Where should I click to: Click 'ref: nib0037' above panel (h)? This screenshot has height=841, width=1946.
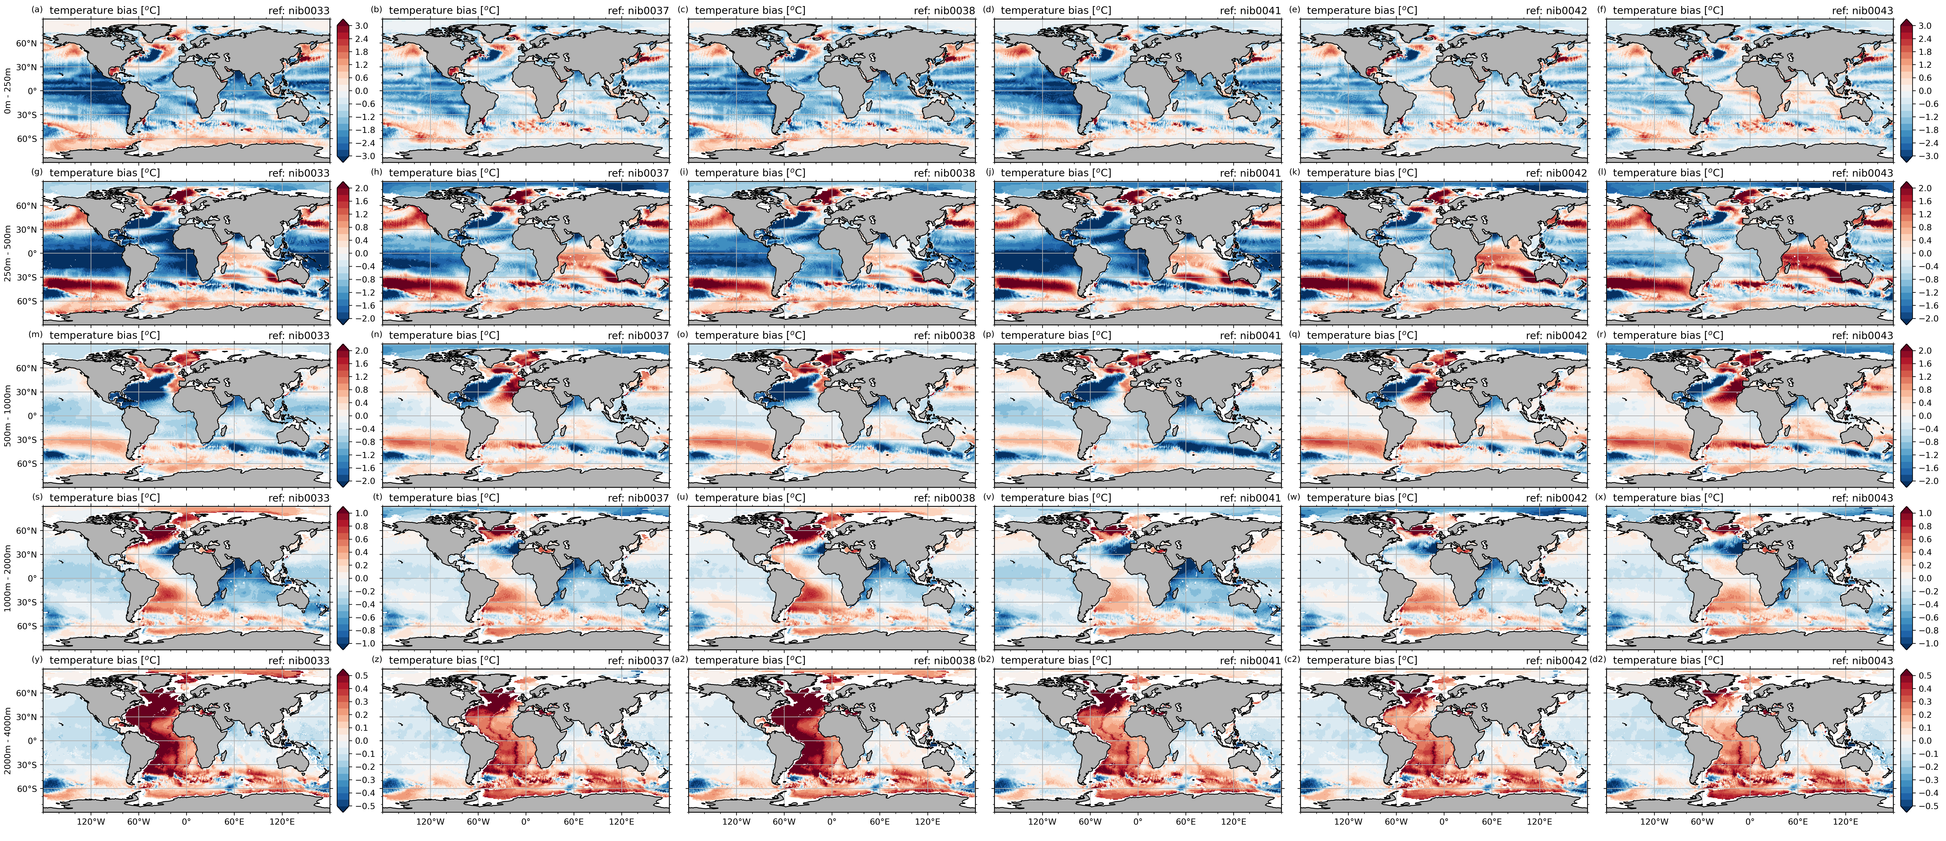click(638, 173)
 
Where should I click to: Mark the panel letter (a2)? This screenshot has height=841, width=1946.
click(681, 659)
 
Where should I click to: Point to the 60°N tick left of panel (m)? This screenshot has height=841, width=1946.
click(27, 368)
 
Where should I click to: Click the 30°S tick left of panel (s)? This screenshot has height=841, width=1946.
click(27, 602)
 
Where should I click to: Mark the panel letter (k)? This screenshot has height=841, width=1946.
click(1295, 172)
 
